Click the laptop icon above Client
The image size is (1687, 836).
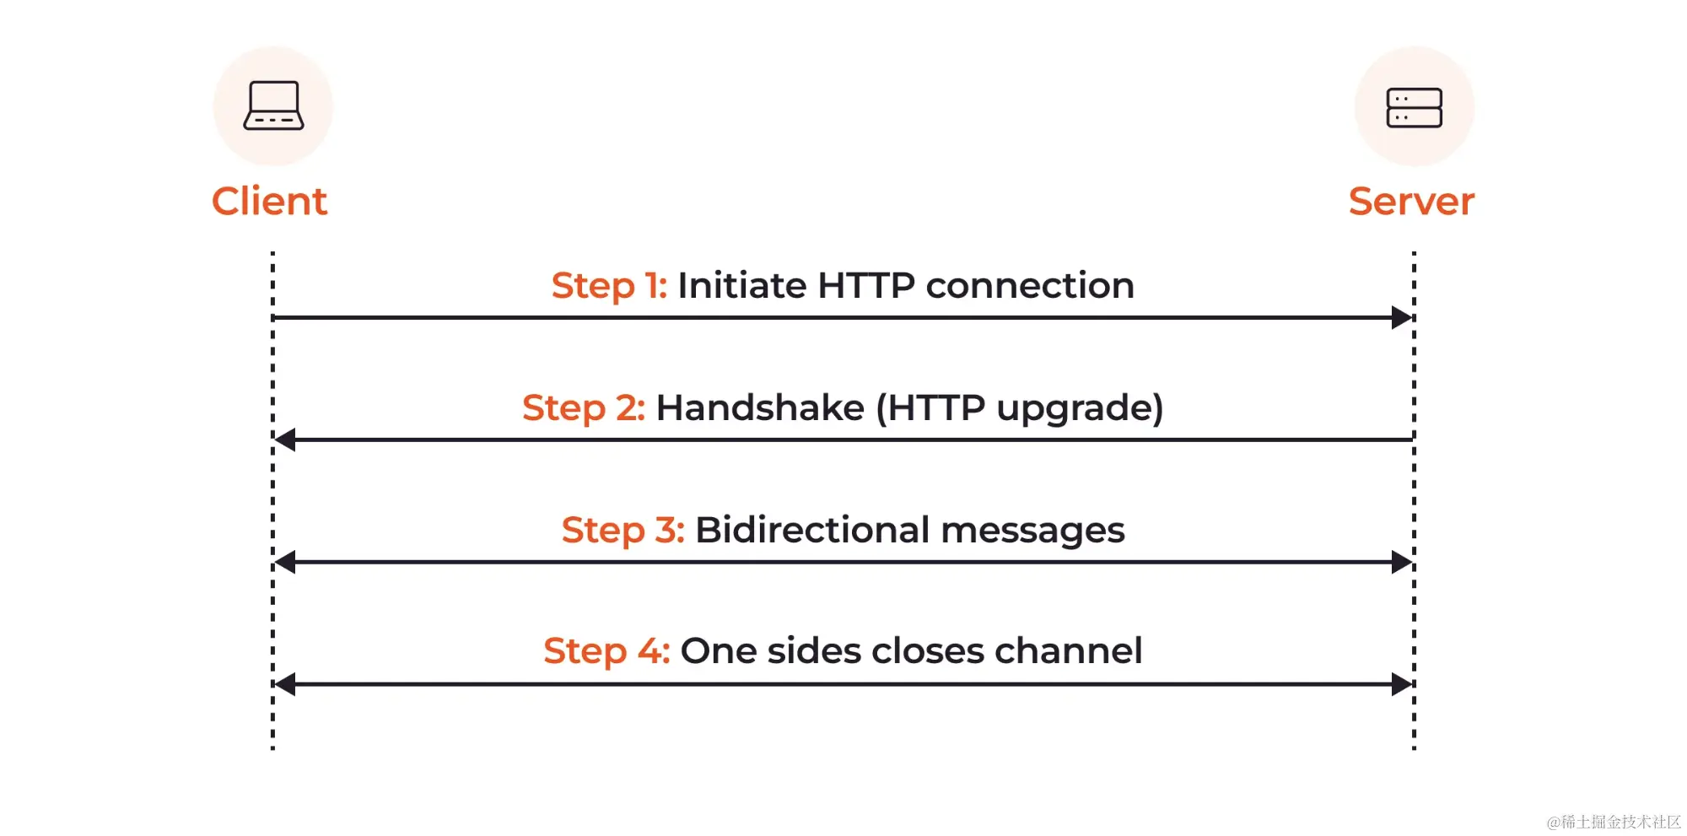click(x=273, y=105)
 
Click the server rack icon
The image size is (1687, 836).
click(x=1414, y=108)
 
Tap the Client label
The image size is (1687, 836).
click(x=269, y=202)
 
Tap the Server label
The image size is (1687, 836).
click(x=1411, y=202)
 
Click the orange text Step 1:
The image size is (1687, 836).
click(x=609, y=286)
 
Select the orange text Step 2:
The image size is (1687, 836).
click(x=584, y=408)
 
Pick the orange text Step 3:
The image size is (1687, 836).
click(x=623, y=530)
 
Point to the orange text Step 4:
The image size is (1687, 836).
click(x=606, y=651)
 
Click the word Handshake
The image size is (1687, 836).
click(x=760, y=407)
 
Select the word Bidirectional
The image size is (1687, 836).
click(x=812, y=530)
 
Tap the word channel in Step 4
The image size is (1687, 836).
click(x=1069, y=650)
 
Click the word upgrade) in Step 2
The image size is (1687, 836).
click(x=1080, y=409)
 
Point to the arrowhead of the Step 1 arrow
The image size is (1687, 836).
click(x=1402, y=318)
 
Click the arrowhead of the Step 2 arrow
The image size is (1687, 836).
click(x=285, y=440)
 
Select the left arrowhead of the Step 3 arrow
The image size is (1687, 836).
click(x=285, y=562)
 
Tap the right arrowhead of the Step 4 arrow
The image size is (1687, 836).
click(x=1402, y=684)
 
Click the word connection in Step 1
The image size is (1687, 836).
click(x=1030, y=285)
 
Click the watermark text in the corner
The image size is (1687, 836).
click(x=1614, y=822)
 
